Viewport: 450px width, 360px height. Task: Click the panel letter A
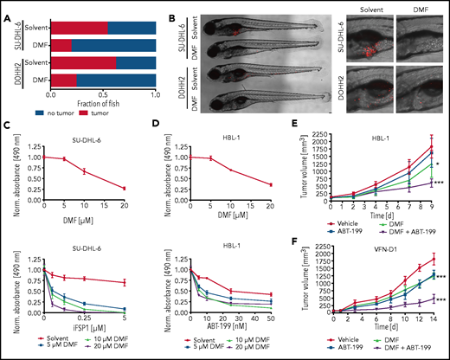coord(6,7)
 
